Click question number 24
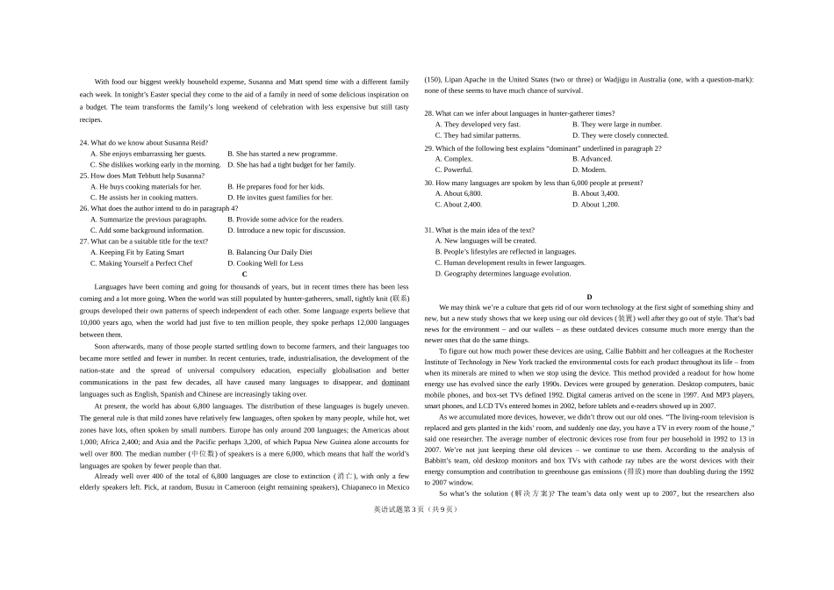click(x=84, y=142)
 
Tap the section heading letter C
click(x=244, y=274)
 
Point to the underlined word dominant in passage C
click(x=395, y=382)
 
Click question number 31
click(x=429, y=230)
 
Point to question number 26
click(x=84, y=208)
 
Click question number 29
click(x=429, y=148)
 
